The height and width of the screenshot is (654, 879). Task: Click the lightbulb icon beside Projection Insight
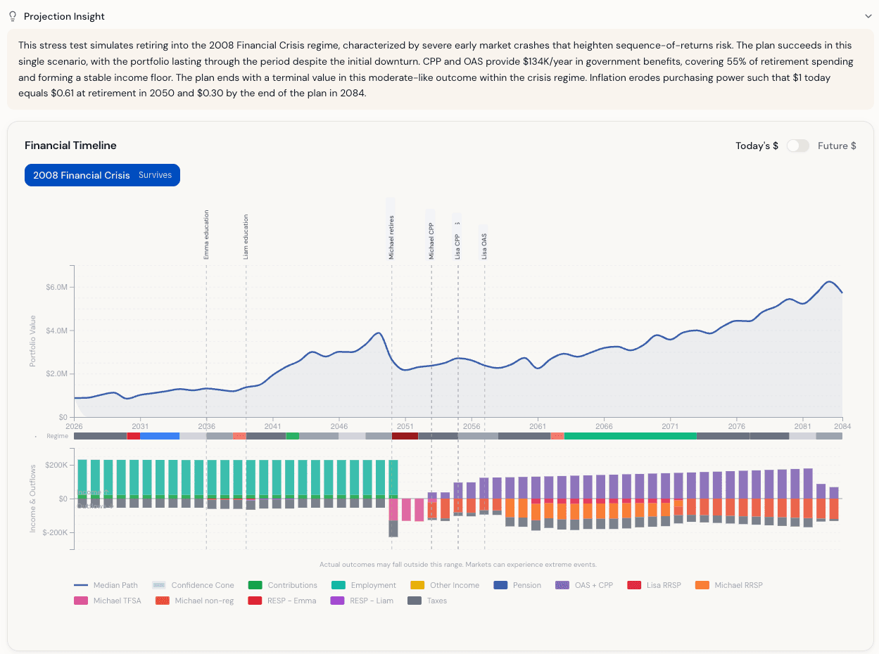(x=12, y=16)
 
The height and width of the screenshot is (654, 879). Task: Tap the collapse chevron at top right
(x=868, y=15)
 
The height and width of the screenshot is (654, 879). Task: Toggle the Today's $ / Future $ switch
(x=797, y=146)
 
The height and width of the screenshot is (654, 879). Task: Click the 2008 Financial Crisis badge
(x=102, y=175)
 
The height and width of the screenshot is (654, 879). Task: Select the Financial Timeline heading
(x=70, y=146)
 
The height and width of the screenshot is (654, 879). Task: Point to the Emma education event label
(x=206, y=235)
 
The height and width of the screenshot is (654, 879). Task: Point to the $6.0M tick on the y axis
(x=57, y=288)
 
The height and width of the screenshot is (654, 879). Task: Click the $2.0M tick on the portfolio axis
(x=57, y=374)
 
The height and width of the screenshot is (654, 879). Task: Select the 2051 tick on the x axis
(x=405, y=426)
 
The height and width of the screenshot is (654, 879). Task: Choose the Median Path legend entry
(x=106, y=585)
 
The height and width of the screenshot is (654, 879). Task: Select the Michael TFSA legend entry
(x=107, y=601)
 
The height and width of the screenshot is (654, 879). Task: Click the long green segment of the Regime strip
(x=630, y=436)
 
